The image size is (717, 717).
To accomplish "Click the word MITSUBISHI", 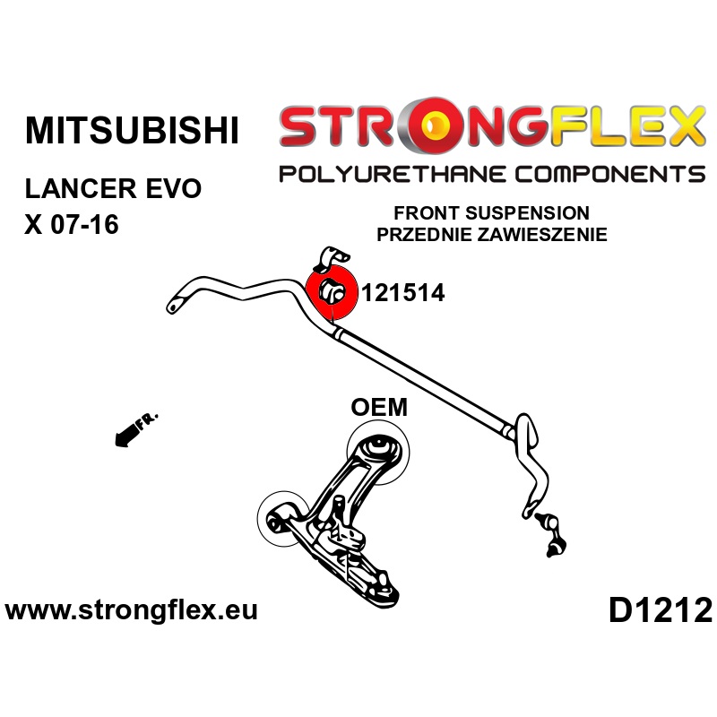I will [x=132, y=131].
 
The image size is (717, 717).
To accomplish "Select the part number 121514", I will [x=402, y=292].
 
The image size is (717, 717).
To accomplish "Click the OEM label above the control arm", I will [x=378, y=408].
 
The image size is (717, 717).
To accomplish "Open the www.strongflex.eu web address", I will [x=132, y=611].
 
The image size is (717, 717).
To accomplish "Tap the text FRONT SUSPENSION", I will [x=492, y=213].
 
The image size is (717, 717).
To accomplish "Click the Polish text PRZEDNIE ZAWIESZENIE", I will [x=492, y=235].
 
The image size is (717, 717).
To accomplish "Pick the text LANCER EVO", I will [x=114, y=190].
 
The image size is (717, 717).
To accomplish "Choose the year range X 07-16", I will [x=72, y=224].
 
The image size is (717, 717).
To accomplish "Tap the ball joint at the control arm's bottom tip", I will [x=383, y=588].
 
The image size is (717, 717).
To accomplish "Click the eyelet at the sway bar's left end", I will [x=171, y=307].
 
